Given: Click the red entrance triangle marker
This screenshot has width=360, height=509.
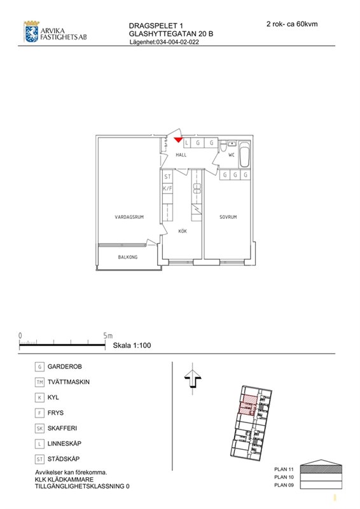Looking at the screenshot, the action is pos(178,139).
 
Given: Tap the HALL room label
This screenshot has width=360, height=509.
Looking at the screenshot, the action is pos(181,155).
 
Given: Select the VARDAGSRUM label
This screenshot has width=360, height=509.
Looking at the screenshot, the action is pos(129,217).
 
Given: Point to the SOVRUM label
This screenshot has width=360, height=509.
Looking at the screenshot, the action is pos(228,217).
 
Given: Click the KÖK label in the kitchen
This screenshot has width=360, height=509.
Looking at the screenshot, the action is pos(183,231).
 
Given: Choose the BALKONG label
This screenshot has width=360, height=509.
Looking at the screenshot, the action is pos(128,257).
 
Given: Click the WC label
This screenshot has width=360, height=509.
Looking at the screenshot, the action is pos(231,155).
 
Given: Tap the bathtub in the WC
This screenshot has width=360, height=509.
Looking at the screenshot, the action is pos(244,155).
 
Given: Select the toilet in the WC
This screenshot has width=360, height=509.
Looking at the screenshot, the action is pos(223,146).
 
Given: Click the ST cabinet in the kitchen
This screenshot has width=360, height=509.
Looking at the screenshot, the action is pos(167,177).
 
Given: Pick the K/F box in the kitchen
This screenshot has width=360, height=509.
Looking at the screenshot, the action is pos(167,188).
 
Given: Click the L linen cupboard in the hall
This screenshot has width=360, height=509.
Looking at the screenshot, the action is pos(186,143).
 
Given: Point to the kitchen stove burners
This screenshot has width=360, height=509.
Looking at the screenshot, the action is pos(197,188).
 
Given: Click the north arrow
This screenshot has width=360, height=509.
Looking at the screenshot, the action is pos(193,379).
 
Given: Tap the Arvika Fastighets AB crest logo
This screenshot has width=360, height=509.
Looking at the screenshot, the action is pos(32,31).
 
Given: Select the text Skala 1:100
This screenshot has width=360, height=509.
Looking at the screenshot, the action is pos(132,345).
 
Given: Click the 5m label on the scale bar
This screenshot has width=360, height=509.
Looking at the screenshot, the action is pos(107,336).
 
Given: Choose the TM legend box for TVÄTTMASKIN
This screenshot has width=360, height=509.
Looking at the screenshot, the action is pos(39,382).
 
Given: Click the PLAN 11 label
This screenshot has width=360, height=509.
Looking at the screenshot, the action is pos(284,469).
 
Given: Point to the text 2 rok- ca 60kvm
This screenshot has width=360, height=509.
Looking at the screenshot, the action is pos(292,24).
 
